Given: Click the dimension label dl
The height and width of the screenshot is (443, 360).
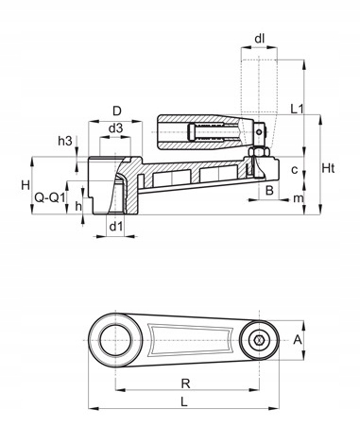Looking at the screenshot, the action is (x=259, y=39).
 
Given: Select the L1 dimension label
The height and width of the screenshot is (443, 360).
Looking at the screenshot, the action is (x=297, y=110).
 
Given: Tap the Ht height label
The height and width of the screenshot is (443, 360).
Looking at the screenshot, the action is (x=328, y=169).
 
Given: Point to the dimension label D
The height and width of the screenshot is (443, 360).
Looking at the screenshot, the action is (x=117, y=111).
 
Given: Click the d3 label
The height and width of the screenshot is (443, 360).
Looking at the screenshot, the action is (x=115, y=128).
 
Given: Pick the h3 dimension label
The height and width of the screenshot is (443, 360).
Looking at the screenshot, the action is (x=65, y=141).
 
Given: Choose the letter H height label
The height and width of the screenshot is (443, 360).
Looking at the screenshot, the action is (x=26, y=185).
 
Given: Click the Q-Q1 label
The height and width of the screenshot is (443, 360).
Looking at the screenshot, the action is (x=50, y=198).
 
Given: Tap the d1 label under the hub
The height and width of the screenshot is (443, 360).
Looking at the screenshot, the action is (x=115, y=226).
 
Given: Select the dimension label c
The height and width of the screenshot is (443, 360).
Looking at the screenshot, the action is (x=295, y=170).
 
